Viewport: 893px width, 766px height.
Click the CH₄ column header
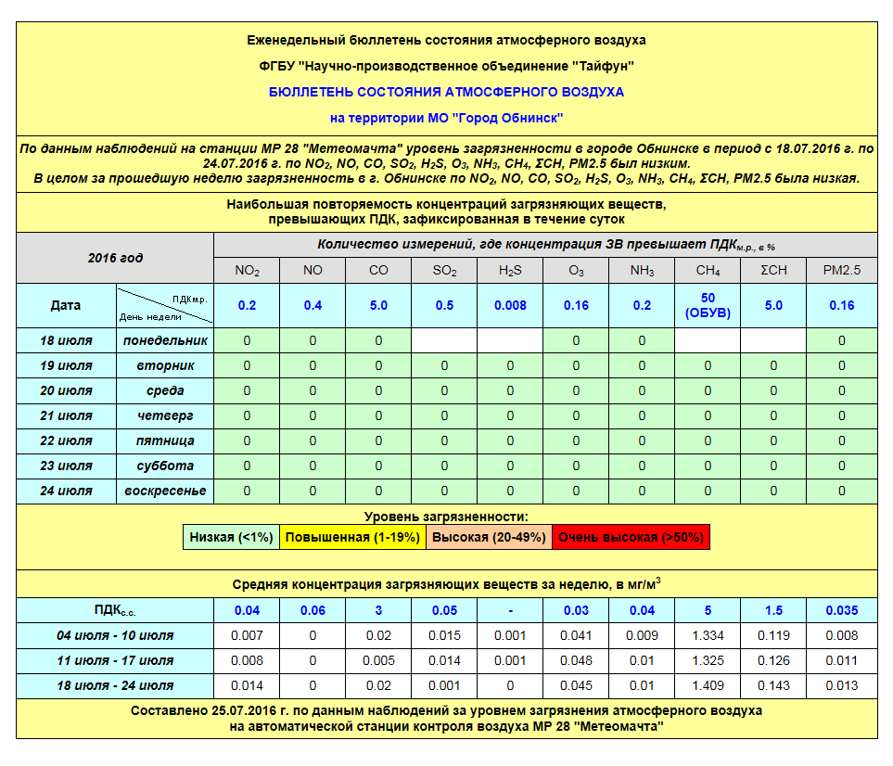(x=707, y=271)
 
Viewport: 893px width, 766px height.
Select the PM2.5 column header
(x=841, y=271)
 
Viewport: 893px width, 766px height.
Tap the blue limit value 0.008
(x=510, y=305)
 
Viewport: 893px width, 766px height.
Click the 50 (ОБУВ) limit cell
(x=707, y=305)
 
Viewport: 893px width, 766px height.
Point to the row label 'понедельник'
(x=165, y=340)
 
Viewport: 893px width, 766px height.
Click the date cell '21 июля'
(x=66, y=415)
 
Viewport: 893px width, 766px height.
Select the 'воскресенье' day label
(x=165, y=491)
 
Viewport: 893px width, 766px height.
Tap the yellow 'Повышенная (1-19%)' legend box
(x=352, y=537)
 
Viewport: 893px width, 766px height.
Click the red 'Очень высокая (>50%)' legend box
(x=631, y=537)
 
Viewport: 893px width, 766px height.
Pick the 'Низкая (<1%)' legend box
(x=231, y=537)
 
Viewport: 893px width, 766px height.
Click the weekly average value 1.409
(x=707, y=685)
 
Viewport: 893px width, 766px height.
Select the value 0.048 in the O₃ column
(x=576, y=660)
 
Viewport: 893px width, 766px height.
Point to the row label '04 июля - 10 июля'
(x=115, y=635)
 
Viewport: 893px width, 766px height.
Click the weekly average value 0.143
(x=773, y=685)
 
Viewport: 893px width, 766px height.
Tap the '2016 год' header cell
(x=115, y=258)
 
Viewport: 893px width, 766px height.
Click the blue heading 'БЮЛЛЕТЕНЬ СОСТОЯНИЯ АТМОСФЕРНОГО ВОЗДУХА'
(x=446, y=92)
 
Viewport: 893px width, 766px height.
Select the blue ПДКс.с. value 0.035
(x=841, y=610)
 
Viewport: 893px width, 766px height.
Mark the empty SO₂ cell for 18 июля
(x=444, y=340)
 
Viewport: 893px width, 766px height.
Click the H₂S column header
(x=510, y=271)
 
